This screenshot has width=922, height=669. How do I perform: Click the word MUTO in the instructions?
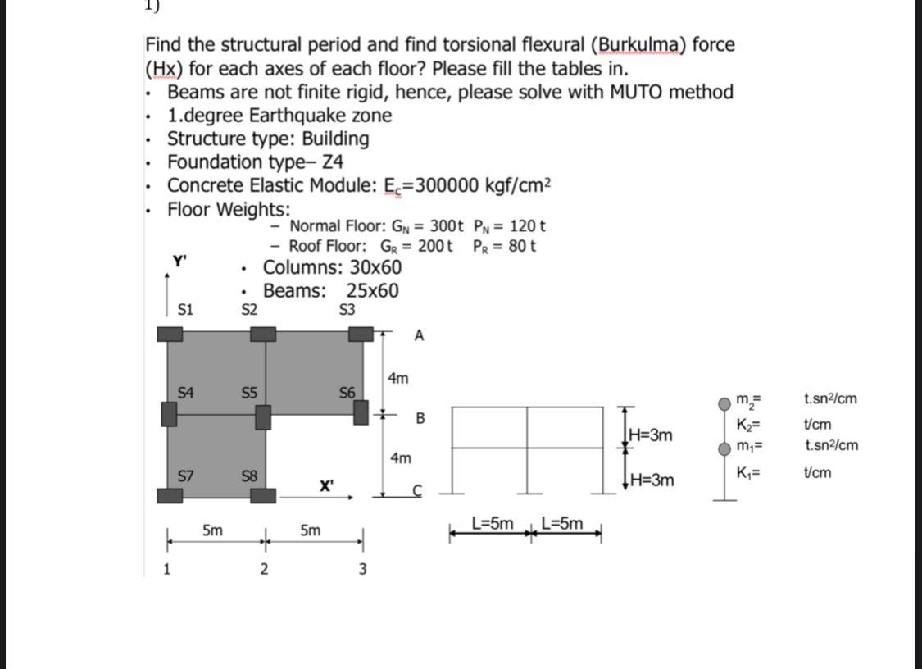click(639, 92)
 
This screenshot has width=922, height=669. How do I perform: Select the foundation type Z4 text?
click(334, 162)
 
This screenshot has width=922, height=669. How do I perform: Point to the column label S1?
click(185, 310)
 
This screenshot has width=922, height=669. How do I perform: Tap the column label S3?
click(347, 310)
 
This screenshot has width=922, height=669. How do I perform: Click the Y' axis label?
click(179, 262)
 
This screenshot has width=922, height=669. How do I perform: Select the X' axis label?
click(326, 485)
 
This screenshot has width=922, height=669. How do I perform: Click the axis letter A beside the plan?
click(419, 335)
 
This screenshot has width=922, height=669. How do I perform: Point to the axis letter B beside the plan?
click(420, 419)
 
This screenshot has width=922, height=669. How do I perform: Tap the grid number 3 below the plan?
click(362, 569)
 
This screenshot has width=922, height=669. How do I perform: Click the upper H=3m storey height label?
click(652, 435)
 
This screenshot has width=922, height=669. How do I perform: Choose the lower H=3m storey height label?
click(652, 480)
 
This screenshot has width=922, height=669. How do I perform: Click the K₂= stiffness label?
click(748, 425)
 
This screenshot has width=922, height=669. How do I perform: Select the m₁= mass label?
click(749, 446)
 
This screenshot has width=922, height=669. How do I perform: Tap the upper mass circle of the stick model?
click(724, 403)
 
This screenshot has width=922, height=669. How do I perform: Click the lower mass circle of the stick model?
click(724, 448)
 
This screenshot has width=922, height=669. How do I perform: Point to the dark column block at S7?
click(170, 494)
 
